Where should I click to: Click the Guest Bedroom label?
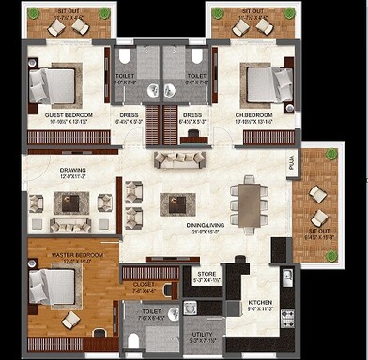click(x=66, y=115)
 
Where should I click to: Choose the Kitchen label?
click(x=259, y=303)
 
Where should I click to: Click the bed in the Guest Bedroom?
click(x=53, y=83)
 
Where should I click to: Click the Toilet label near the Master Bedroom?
click(x=152, y=313)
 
